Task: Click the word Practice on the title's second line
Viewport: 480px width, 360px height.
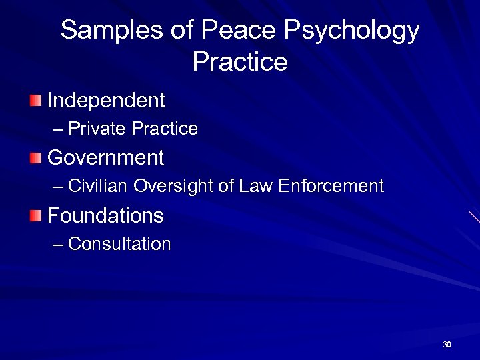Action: coord(240,62)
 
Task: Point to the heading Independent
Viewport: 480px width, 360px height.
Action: coord(107,101)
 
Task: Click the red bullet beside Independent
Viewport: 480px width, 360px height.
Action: coord(35,101)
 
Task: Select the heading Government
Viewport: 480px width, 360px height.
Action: coord(106,158)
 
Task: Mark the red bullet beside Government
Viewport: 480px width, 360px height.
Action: coord(35,159)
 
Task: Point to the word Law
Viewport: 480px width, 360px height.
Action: coord(254,186)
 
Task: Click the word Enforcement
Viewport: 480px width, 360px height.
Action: coord(331,186)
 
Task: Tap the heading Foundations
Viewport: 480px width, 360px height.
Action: coord(106,215)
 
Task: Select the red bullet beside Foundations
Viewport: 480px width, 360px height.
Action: coord(35,216)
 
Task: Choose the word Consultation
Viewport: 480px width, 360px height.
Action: coord(120,244)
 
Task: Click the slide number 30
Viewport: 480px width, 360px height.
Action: coord(447,345)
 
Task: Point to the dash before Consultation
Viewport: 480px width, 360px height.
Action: coord(59,245)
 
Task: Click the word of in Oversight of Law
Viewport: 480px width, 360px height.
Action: coord(226,186)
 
